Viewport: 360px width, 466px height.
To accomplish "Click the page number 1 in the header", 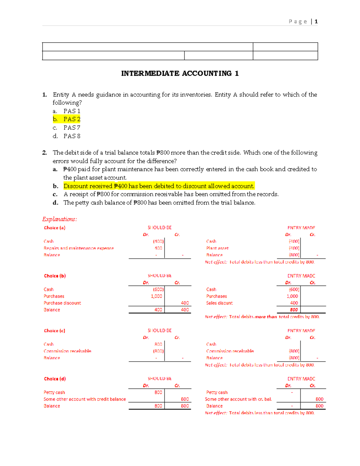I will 316,22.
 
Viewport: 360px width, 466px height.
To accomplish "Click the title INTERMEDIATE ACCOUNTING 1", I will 180,74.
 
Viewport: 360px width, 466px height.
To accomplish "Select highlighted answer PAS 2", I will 72,119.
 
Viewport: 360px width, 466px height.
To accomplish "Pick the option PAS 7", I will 72,128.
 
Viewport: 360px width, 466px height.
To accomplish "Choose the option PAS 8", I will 72,136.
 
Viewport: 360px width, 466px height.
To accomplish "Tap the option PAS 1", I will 72,111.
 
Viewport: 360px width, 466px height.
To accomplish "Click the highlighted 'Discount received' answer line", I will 159,186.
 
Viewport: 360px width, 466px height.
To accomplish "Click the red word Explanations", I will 59,219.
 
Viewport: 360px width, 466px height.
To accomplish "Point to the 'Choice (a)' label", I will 55,228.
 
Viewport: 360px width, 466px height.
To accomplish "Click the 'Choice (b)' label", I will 55,276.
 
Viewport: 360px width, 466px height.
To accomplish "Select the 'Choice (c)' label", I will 55,331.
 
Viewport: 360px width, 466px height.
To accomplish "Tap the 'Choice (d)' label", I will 55,379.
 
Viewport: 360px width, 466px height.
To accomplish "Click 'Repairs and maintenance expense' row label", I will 79,248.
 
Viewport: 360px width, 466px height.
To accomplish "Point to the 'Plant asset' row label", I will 217,248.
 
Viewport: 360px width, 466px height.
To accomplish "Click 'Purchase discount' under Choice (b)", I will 62,303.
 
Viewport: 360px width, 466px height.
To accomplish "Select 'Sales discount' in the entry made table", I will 219,303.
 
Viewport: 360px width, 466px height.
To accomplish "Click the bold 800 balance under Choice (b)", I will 294,310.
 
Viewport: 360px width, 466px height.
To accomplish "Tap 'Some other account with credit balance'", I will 85,399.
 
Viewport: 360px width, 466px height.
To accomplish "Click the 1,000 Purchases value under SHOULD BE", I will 156,296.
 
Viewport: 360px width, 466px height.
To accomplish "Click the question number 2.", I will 44,153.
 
